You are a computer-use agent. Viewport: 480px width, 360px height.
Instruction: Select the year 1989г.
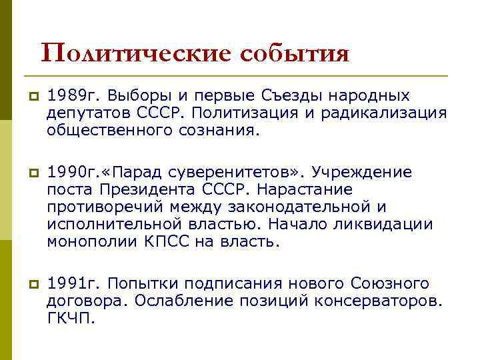(x=72, y=97)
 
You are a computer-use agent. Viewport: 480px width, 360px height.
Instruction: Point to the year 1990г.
(x=72, y=173)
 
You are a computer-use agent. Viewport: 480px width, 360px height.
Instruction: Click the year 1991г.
(x=72, y=283)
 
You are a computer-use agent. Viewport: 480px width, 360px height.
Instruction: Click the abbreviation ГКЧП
(x=71, y=317)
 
